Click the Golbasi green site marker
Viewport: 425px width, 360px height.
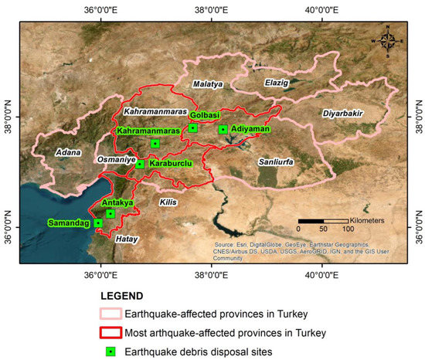192,128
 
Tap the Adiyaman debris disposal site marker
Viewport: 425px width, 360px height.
223,130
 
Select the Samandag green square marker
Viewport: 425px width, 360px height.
98,223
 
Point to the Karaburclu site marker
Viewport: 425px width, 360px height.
140,164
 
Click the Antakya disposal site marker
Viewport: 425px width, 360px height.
110,213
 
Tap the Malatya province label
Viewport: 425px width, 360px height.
207,83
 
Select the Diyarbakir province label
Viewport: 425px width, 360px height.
342,114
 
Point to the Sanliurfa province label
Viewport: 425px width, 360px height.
277,161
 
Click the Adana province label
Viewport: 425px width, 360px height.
68,152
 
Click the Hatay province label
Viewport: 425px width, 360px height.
125,239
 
